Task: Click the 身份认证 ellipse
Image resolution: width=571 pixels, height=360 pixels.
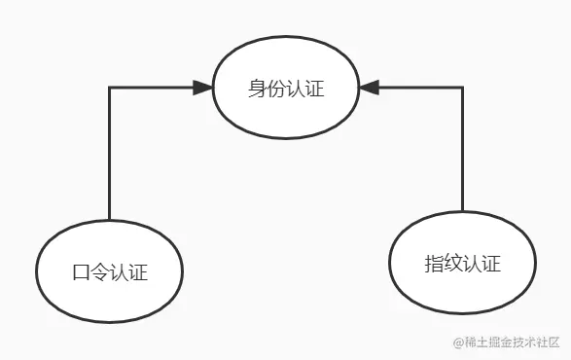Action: point(285,89)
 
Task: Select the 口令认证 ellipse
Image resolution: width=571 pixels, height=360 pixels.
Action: point(110,270)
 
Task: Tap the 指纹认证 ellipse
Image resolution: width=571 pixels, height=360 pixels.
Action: point(463,263)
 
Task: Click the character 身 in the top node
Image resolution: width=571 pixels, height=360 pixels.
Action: point(257,90)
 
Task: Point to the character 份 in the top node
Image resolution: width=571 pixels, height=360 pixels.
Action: point(275,90)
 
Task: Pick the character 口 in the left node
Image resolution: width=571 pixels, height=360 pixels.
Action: point(82,272)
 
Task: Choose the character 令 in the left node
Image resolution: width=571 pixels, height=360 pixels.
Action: point(100,272)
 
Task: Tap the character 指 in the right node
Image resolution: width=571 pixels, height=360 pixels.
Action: point(435,264)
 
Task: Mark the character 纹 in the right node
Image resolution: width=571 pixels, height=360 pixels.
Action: point(453,264)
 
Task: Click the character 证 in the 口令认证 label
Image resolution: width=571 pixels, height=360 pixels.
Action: point(138,272)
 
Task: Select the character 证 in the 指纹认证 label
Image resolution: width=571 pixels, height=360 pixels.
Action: point(491,264)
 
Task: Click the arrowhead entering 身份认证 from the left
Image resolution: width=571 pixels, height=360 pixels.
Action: point(202,89)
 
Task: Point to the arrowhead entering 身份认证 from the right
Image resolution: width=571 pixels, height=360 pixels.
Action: point(368,89)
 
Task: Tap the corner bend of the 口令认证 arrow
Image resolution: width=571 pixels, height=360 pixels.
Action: point(110,89)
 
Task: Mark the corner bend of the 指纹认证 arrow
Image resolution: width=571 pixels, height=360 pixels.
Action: point(463,89)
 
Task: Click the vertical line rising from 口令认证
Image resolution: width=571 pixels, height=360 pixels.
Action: point(110,156)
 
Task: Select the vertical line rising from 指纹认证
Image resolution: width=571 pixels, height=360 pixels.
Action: point(463,151)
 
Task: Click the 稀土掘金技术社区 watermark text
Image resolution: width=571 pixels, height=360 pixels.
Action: point(514,342)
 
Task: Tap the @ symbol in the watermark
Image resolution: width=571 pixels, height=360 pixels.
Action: point(459,342)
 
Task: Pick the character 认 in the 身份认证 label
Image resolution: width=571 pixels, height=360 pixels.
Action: point(295,90)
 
